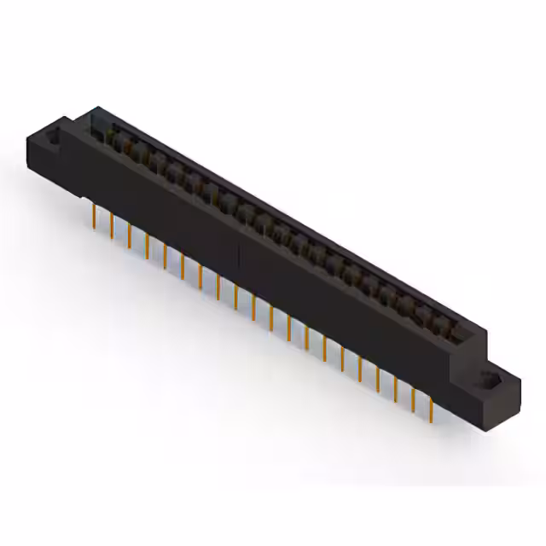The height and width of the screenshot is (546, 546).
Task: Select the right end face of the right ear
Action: (512, 392)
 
